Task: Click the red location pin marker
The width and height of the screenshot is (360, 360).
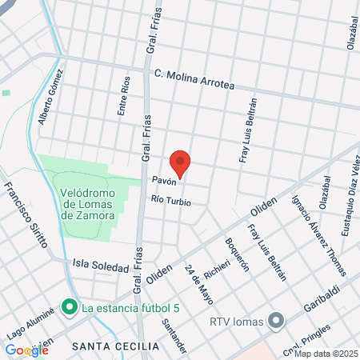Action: point(181,162)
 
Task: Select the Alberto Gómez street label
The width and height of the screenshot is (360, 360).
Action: point(50,102)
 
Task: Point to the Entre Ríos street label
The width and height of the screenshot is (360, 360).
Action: point(124,97)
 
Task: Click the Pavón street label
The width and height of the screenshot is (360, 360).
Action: point(165,181)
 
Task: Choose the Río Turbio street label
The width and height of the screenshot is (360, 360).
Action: point(170,201)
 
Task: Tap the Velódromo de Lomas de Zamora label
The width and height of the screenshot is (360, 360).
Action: point(88,204)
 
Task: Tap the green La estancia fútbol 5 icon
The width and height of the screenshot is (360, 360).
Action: point(70,306)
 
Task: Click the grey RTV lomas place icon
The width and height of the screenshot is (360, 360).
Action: point(276,322)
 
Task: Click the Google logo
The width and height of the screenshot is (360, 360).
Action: point(26,350)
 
